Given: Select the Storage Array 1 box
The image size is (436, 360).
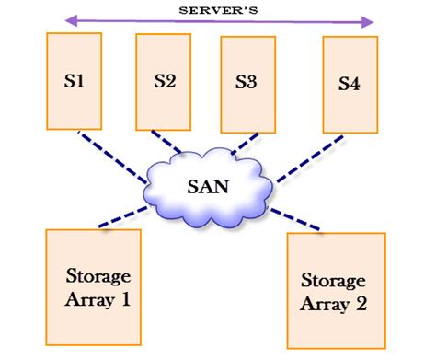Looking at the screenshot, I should pos(93,287).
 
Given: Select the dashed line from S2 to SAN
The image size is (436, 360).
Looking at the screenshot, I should pos(168,145).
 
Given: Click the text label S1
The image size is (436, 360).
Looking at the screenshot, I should pos(75,80).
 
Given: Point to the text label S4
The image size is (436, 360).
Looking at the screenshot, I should pos(350,84).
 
